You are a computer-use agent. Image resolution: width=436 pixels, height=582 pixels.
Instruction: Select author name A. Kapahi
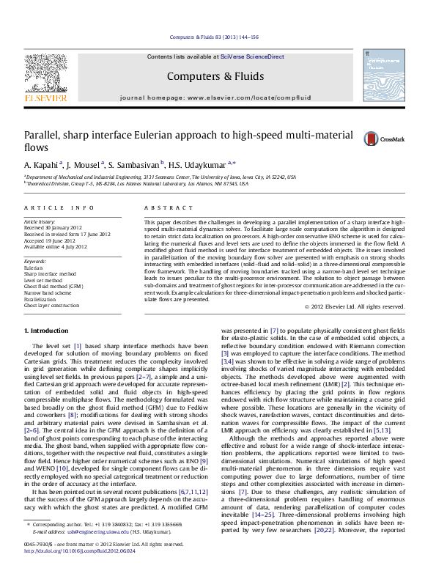point(43,163)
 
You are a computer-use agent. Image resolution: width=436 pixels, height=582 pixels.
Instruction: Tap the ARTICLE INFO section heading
point(53,209)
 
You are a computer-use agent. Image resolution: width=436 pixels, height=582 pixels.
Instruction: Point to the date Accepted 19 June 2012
point(50,240)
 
